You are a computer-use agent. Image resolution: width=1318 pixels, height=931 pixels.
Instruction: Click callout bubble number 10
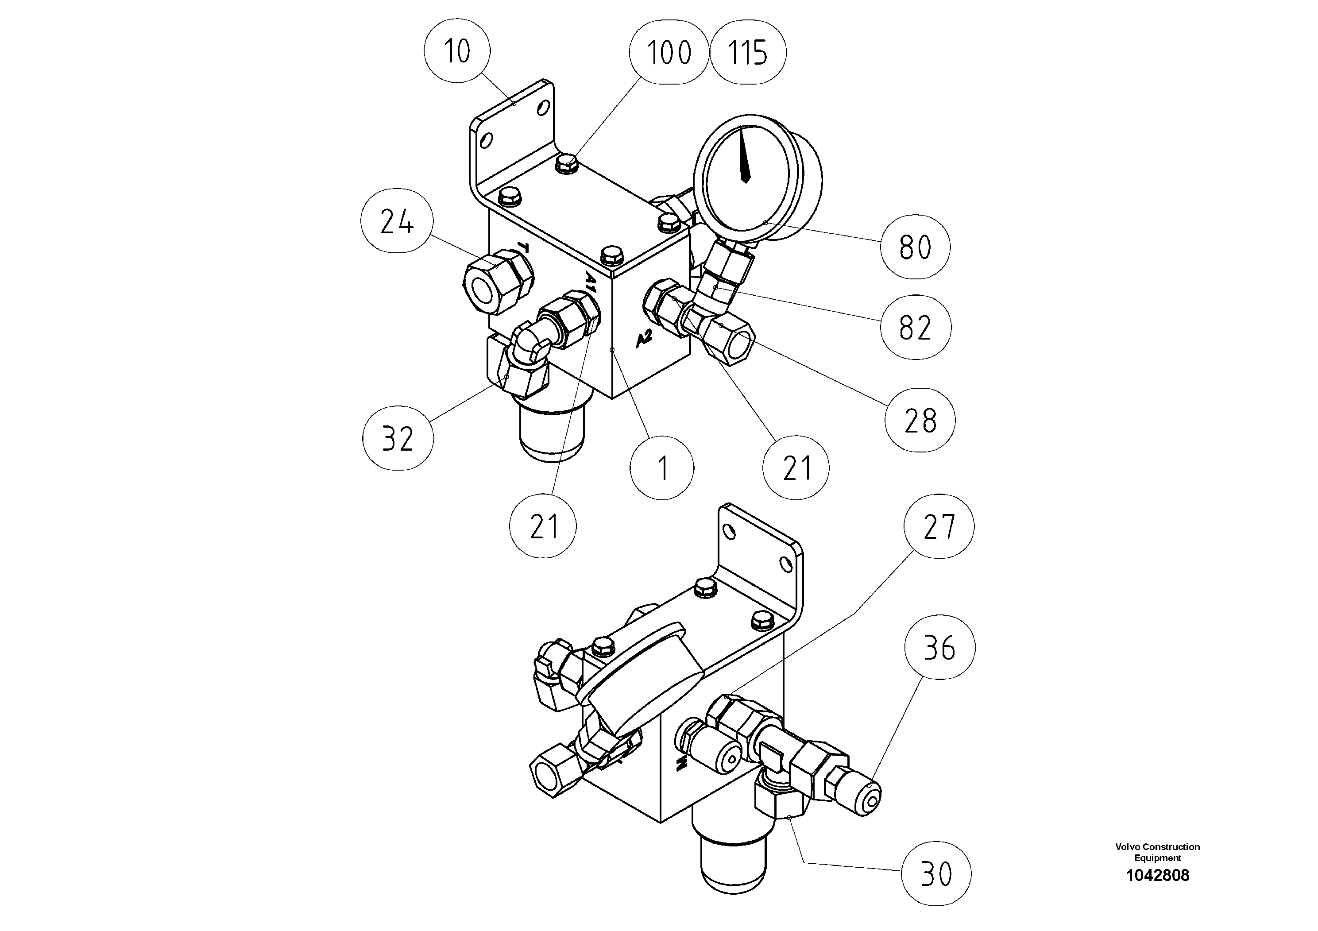click(x=457, y=51)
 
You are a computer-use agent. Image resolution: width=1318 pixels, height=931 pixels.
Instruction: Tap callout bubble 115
click(x=747, y=53)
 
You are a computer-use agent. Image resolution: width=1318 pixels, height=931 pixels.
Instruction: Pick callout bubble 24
click(x=397, y=221)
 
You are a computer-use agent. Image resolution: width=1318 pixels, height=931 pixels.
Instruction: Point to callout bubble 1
click(x=662, y=468)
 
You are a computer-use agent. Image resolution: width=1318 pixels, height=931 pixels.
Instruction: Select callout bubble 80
click(x=915, y=247)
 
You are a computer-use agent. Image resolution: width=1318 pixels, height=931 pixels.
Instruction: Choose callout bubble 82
click(x=915, y=328)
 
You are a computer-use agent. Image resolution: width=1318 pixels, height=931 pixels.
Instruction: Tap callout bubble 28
click(x=920, y=420)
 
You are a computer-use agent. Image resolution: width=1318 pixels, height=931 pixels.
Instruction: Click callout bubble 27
click(x=939, y=526)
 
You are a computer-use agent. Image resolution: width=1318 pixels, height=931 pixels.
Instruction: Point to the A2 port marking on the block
click(x=645, y=339)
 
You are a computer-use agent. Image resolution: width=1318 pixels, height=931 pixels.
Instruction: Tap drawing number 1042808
click(x=1157, y=875)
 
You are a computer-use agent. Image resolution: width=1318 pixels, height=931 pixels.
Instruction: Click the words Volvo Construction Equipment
click(x=1157, y=852)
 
